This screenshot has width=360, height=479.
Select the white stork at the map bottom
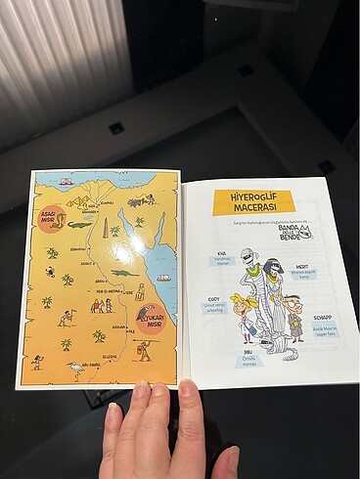[x=75, y=370]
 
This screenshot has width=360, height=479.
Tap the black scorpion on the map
[x=50, y=272]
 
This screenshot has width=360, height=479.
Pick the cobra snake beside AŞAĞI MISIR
[x=62, y=221]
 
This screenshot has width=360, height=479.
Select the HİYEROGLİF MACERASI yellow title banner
[x=253, y=202]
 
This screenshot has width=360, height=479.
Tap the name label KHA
[x=222, y=251]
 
